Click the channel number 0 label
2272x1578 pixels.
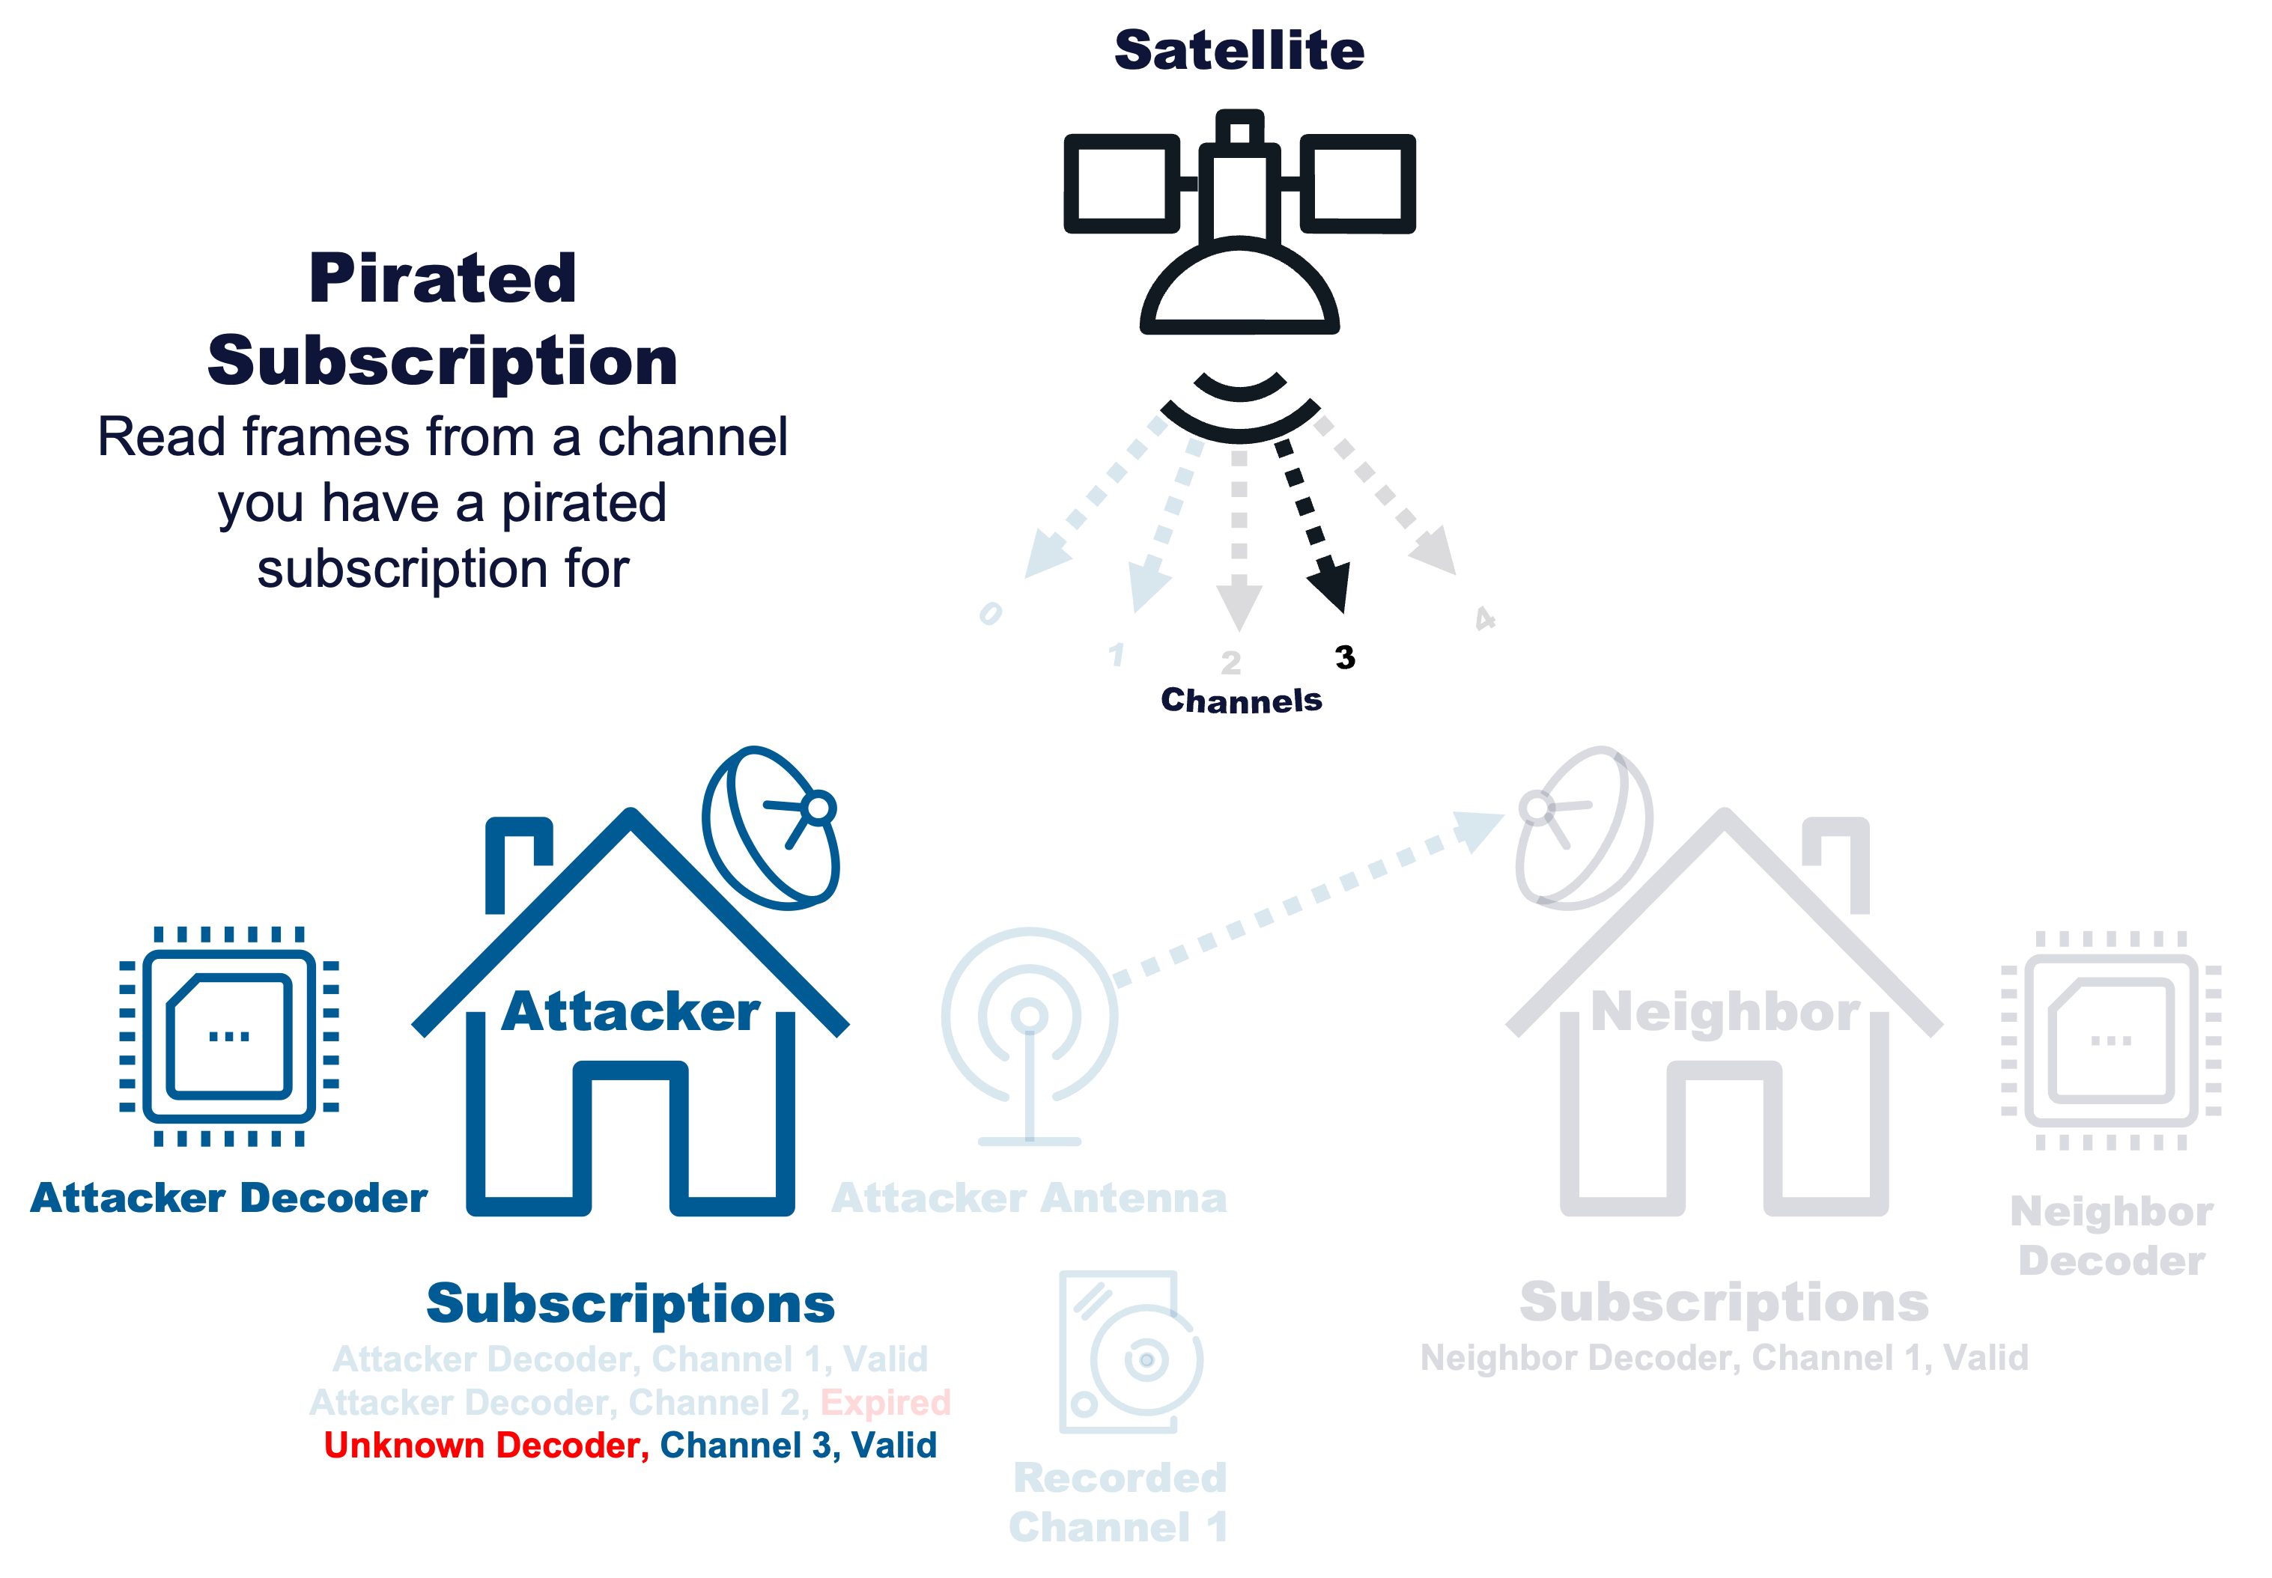click(990, 614)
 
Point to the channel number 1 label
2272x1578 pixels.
click(1117, 654)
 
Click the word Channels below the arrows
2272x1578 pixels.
click(1240, 700)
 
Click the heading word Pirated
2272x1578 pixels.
click(442, 278)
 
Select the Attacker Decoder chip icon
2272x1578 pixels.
click(228, 1036)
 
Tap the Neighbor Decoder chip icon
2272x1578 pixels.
click(2111, 1040)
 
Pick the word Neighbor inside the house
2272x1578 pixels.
click(1724, 1011)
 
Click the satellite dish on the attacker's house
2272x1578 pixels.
click(771, 829)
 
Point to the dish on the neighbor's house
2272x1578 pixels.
click(1582, 829)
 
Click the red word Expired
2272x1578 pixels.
click(885, 1402)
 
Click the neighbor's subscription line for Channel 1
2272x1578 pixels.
click(1723, 1357)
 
